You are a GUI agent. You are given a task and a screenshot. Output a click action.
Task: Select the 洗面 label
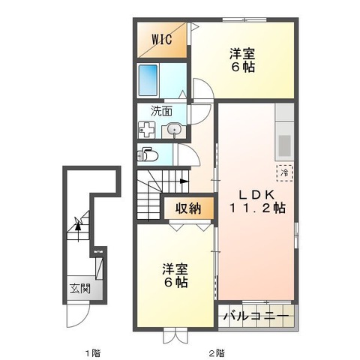point(160,111)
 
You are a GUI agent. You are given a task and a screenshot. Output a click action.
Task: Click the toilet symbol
point(148,156)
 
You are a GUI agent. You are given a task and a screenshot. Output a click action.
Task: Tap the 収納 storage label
point(189,208)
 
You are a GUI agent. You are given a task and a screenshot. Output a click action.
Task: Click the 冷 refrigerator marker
point(284,172)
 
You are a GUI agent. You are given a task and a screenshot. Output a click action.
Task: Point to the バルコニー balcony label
point(255,317)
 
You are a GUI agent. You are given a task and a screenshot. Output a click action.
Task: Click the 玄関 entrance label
point(79,289)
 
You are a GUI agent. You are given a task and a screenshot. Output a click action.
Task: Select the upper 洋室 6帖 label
point(241,60)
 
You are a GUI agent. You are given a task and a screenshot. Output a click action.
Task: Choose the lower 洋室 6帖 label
point(175,276)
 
